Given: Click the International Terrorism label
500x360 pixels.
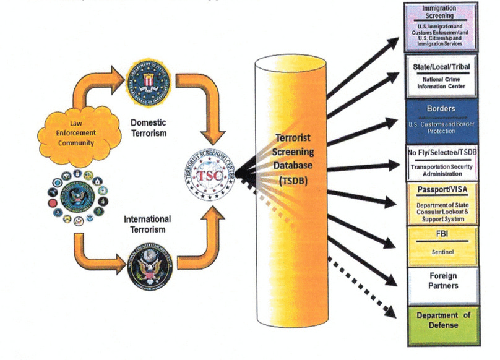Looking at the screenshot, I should pyautogui.click(x=148, y=224).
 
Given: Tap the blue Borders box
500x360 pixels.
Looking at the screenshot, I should pyautogui.click(x=441, y=118).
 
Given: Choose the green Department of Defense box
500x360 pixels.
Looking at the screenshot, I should pyautogui.click(x=441, y=323).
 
